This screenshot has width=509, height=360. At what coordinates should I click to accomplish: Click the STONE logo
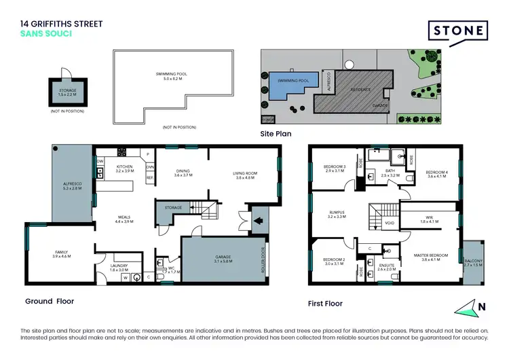[457, 31]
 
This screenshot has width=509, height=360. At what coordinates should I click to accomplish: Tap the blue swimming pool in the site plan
[290, 84]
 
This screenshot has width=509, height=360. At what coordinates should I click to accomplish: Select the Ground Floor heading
[50, 301]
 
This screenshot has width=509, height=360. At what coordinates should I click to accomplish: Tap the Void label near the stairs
[389, 221]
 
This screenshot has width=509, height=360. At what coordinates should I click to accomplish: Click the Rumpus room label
[337, 215]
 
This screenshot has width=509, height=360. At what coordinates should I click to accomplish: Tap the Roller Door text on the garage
[262, 259]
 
